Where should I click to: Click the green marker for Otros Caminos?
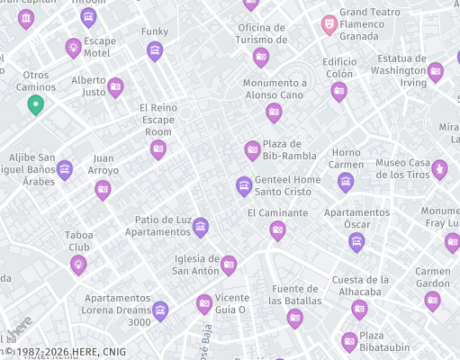(35, 104)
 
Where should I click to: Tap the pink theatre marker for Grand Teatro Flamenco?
(329, 23)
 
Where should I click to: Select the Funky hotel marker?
(155, 50)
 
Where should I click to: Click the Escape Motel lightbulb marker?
(73, 47)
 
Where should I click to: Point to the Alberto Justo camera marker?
(115, 86)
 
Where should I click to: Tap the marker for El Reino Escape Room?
(158, 148)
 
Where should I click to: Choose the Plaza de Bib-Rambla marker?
(253, 149)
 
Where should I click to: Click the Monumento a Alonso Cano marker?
(274, 112)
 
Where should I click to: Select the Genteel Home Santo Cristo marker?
(243, 185)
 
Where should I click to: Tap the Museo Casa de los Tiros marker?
(439, 168)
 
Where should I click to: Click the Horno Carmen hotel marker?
(346, 182)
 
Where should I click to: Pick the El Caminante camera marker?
(277, 230)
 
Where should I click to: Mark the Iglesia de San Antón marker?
(229, 264)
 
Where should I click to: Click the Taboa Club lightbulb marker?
(78, 264)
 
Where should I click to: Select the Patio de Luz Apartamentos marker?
(201, 227)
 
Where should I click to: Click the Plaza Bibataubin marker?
(349, 341)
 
